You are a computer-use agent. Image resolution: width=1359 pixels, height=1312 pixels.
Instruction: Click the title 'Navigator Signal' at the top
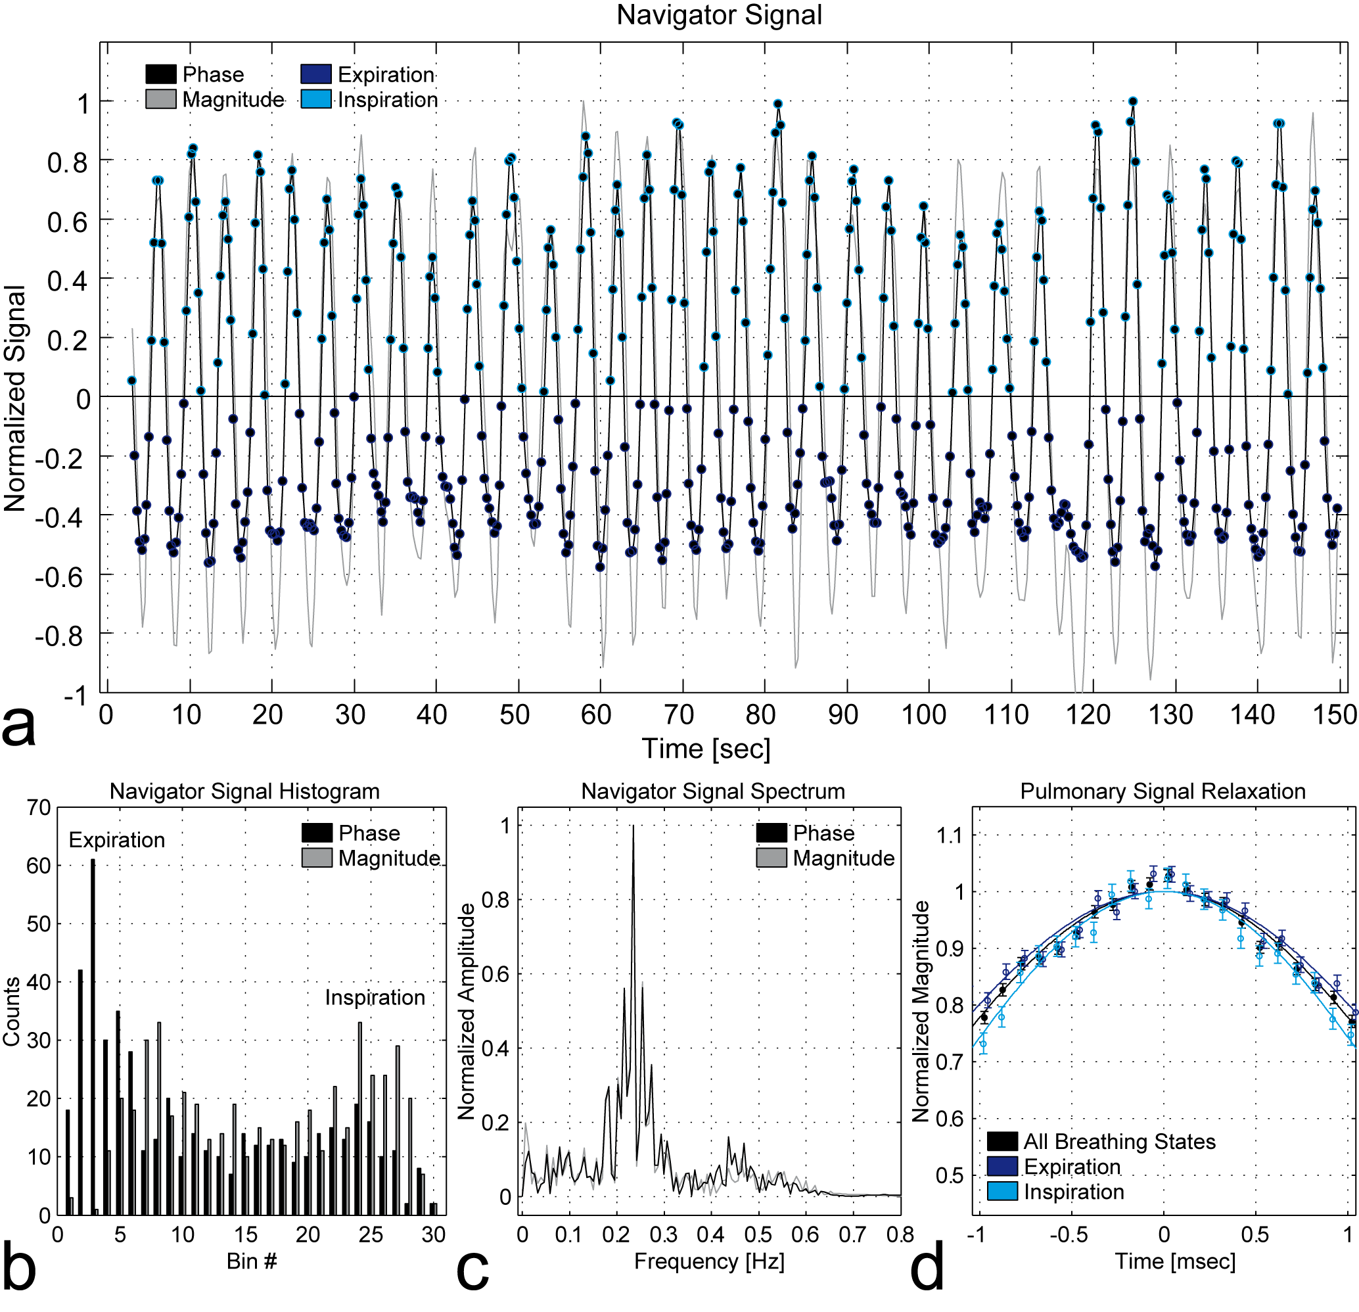pos(719,15)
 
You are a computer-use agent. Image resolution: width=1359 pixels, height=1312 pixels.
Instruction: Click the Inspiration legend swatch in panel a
pos(316,99)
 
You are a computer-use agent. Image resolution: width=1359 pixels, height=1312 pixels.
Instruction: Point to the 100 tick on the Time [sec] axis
pos(923,715)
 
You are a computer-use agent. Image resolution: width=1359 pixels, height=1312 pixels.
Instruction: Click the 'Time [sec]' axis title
pos(706,749)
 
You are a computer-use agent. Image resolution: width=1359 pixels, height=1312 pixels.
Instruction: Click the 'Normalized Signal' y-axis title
pos(15,398)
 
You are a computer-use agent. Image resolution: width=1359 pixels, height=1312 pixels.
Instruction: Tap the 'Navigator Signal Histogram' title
pos(244,791)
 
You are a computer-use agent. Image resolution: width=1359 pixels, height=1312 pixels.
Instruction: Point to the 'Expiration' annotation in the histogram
pos(116,841)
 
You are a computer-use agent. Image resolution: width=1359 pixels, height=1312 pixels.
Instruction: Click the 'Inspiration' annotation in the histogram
pos(375,998)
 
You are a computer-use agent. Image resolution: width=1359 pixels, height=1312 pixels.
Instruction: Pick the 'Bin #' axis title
pos(252,1261)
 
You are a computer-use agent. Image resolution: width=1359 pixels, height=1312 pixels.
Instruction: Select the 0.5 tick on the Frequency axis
pos(758,1235)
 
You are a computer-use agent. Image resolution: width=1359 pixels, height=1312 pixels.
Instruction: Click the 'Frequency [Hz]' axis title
pos(709,1261)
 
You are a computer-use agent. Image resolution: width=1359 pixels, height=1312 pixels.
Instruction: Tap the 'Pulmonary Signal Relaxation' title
pos(1163,791)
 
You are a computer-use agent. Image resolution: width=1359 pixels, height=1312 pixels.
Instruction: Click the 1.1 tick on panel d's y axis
pos(949,835)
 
